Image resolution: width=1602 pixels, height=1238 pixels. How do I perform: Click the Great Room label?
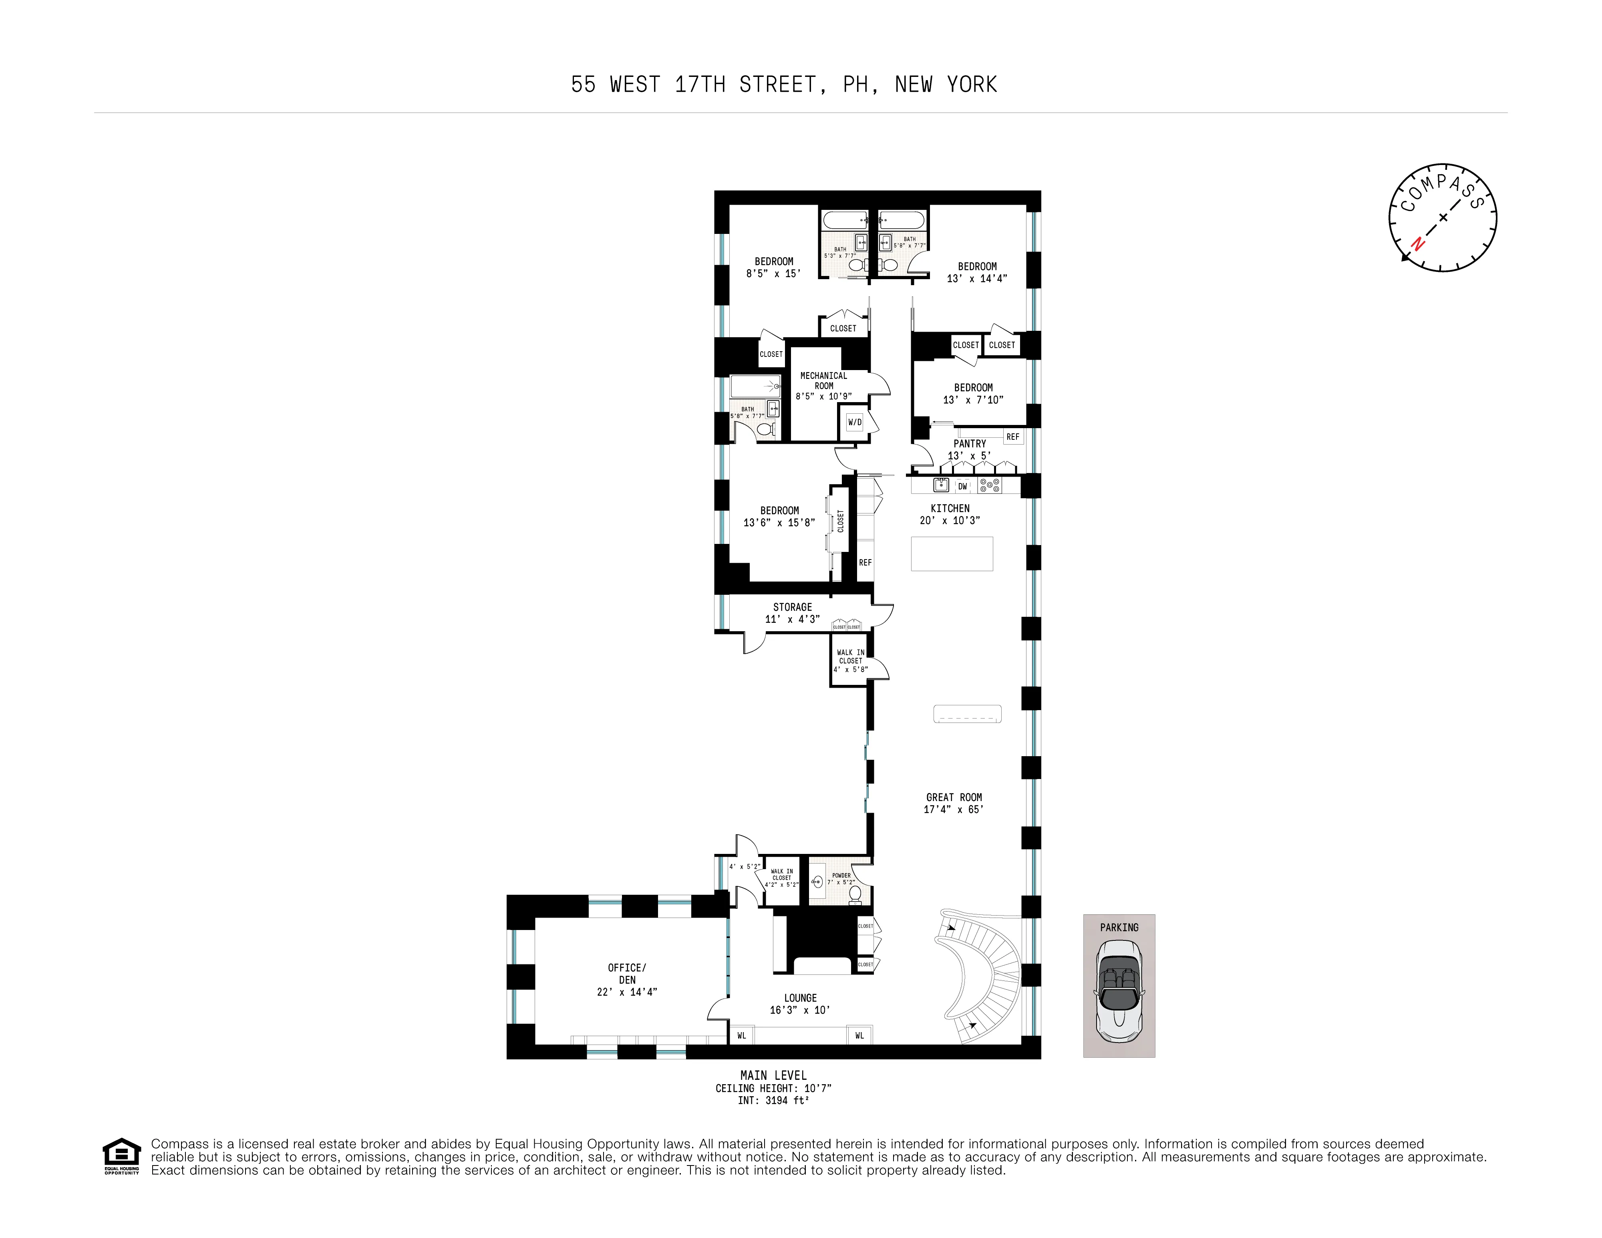point(954,803)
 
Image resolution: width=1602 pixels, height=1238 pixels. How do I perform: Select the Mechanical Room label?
point(823,385)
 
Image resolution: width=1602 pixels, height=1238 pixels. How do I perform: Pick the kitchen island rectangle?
point(951,554)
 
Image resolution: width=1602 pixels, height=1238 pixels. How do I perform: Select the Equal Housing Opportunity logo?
point(121,1156)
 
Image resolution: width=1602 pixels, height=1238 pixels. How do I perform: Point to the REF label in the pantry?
point(1012,437)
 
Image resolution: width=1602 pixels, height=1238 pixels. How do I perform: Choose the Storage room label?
point(792,612)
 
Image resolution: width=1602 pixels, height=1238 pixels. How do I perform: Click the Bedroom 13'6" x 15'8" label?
point(779,516)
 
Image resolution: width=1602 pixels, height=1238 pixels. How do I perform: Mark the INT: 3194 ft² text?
point(773,1100)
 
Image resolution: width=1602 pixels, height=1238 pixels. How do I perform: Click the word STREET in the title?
point(777,85)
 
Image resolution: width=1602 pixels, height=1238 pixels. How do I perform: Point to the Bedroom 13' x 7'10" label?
point(973,393)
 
